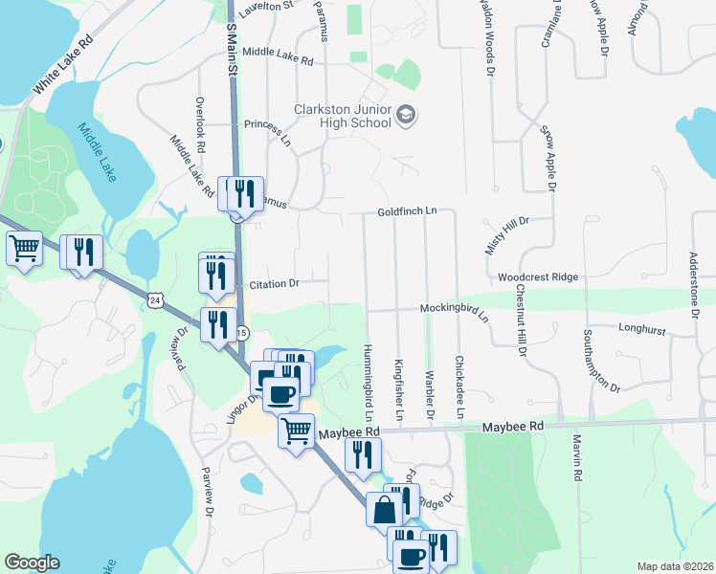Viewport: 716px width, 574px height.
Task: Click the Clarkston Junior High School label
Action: [x=343, y=116]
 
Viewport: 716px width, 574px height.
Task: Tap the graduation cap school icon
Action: [x=406, y=115]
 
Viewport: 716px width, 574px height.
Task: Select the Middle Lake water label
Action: [x=98, y=143]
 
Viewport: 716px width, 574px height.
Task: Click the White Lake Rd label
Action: [x=65, y=65]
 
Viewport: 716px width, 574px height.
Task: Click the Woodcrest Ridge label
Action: [x=538, y=276]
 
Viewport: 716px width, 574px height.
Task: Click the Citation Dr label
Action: [x=274, y=283]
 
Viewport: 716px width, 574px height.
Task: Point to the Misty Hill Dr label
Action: [x=507, y=234]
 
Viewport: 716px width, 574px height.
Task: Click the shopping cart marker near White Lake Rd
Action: [x=24, y=249]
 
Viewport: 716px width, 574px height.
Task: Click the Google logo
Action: [x=32, y=563]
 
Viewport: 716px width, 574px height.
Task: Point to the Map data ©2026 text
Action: [x=674, y=566]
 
